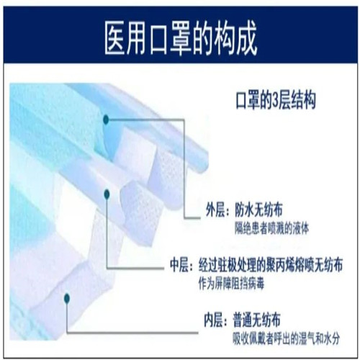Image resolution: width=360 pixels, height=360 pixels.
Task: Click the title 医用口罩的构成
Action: click(x=181, y=38)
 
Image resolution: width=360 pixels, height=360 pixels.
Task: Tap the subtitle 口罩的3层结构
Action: click(x=276, y=100)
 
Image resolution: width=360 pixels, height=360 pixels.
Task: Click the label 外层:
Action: click(x=216, y=210)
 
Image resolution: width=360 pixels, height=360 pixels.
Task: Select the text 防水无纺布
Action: click(x=258, y=210)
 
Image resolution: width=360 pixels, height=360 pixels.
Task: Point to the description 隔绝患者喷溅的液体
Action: click(x=271, y=228)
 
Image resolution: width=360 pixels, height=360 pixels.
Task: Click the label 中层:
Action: click(x=181, y=265)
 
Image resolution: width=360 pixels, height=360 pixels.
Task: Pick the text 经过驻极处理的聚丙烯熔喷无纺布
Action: click(x=270, y=265)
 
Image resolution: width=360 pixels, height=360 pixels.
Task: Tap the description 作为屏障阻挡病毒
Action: click(x=231, y=284)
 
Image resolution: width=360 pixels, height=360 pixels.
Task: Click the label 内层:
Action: click(x=215, y=320)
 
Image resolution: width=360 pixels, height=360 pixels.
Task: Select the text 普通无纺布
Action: click(x=256, y=320)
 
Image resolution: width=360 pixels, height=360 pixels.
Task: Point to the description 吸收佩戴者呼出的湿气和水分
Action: click(x=287, y=339)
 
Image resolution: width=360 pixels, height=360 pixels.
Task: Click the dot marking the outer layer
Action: click(x=106, y=120)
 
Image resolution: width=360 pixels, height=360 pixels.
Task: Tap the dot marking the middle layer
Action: click(x=107, y=194)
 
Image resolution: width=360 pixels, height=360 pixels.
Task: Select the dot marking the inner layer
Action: click(x=67, y=298)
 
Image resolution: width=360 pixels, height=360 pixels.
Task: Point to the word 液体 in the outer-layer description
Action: click(x=301, y=228)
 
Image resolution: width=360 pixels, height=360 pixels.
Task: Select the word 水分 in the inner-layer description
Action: click(x=332, y=339)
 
